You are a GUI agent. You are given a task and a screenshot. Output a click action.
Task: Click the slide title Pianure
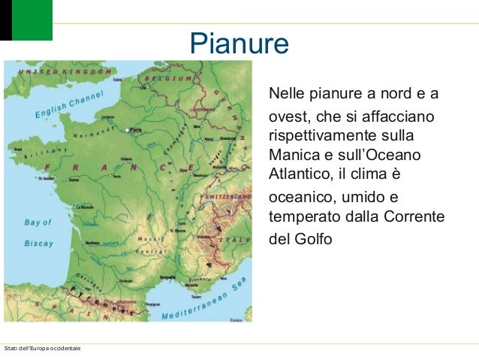tap(239, 43)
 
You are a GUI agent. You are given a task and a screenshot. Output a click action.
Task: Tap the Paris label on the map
tap(136, 130)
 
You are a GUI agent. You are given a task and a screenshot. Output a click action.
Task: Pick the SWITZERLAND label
tap(227, 195)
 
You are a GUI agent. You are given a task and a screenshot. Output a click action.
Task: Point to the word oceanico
tap(301, 198)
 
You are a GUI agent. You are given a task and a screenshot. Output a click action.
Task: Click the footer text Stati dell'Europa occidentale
tap(42, 349)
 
